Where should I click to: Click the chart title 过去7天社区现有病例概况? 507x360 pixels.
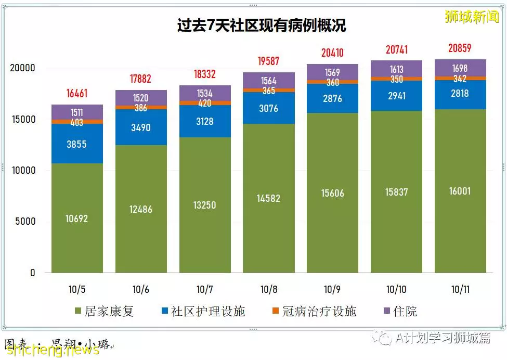[262, 25]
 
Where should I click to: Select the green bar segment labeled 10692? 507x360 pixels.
[77, 218]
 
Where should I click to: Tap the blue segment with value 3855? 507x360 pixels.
[77, 144]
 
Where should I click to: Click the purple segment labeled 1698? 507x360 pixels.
[460, 68]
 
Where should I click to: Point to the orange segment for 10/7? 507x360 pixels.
[205, 103]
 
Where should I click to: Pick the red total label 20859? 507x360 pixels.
[460, 48]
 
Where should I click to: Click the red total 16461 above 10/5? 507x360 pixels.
[77, 94]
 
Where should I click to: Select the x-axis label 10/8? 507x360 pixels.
[269, 289]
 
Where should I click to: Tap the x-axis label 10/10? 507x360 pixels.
[396, 289]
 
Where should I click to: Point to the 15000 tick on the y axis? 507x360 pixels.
[23, 119]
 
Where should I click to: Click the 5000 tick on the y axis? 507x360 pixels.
[25, 222]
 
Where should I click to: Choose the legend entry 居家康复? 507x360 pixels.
[104, 311]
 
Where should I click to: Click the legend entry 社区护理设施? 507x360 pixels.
[203, 311]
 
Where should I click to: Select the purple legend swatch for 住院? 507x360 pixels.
[386, 311]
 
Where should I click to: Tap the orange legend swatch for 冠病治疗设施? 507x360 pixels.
[276, 311]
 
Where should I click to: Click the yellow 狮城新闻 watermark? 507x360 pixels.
[472, 16]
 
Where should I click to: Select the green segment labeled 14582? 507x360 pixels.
[269, 198]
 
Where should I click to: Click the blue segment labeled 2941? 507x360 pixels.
[396, 96]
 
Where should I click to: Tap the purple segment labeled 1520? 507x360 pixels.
[141, 98]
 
